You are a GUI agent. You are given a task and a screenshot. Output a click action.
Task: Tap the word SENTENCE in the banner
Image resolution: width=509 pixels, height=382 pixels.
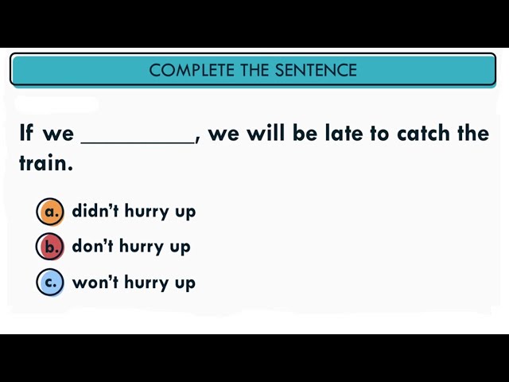pos(316,70)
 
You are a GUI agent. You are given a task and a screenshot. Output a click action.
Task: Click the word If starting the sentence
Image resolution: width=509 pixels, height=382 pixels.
pos(26,133)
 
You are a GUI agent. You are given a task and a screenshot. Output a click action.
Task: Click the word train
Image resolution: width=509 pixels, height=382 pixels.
pos(45,163)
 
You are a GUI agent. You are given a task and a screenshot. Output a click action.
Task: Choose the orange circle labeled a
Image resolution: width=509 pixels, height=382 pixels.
pos(50,212)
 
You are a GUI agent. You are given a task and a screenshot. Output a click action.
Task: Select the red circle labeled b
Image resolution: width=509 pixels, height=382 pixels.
pos(50,247)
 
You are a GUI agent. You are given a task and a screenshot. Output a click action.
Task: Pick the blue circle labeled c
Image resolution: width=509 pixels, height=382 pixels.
pos(50,283)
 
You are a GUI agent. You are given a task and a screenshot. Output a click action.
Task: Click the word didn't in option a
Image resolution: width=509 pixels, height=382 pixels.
pos(95,211)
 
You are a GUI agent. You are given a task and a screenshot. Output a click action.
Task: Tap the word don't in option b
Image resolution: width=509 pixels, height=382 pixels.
pos(93,246)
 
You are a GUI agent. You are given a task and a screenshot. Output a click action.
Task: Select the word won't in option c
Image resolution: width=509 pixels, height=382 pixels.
pos(94,282)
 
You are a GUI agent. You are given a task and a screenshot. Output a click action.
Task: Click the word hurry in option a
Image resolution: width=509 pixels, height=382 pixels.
pos(147,212)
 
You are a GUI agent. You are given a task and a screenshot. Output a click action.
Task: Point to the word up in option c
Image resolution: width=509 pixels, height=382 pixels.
pos(185,283)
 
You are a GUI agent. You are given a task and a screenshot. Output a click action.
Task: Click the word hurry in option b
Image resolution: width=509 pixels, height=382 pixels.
pos(142,247)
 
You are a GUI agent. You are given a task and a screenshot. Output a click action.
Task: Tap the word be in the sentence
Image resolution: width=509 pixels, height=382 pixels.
pos(305,133)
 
